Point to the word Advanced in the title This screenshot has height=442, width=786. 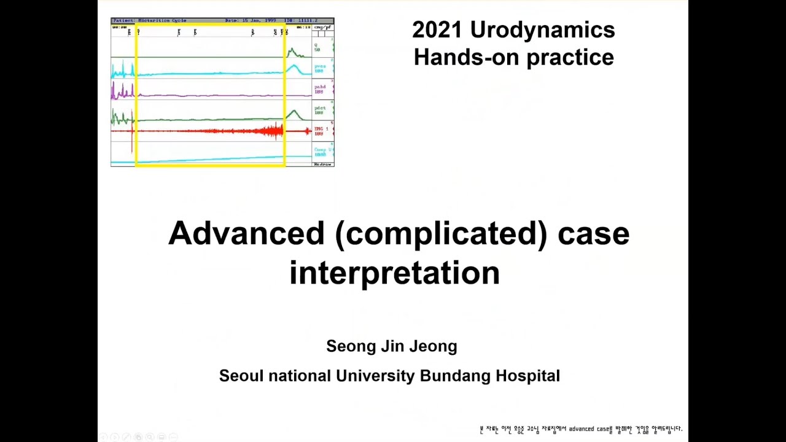[x=246, y=233]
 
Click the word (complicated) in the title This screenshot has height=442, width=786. [x=441, y=233]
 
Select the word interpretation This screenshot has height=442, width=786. [x=394, y=272]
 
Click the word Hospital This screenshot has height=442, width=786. [x=528, y=376]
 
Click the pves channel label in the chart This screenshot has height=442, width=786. [x=320, y=68]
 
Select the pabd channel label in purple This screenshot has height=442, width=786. [x=320, y=89]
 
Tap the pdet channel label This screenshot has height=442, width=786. [x=320, y=110]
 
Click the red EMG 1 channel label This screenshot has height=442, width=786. [x=321, y=131]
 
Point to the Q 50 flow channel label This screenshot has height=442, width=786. [x=317, y=47]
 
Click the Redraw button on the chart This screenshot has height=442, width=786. [x=322, y=165]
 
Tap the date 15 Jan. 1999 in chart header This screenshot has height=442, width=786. [x=250, y=20]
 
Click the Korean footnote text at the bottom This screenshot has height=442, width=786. [x=580, y=428]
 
